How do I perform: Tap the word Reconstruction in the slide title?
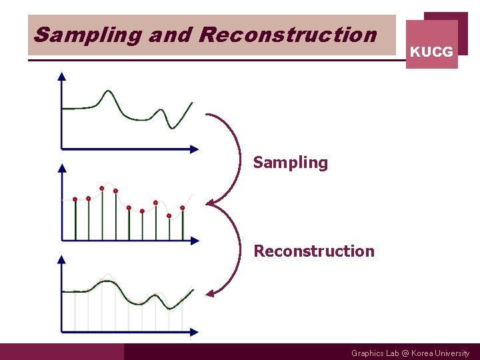(x=287, y=35)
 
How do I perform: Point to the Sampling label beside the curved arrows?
(x=291, y=163)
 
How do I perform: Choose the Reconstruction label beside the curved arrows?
(x=314, y=251)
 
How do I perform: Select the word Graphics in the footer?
(x=368, y=353)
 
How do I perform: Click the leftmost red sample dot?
(x=75, y=199)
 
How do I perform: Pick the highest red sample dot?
(x=102, y=188)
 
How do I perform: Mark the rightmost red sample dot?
(x=182, y=207)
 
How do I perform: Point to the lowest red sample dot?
(x=169, y=215)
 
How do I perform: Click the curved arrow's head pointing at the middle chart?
(x=209, y=203)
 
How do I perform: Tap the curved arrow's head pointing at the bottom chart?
(x=209, y=293)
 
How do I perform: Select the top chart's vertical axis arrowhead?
(x=62, y=76)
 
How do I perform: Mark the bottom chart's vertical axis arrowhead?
(x=62, y=259)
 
